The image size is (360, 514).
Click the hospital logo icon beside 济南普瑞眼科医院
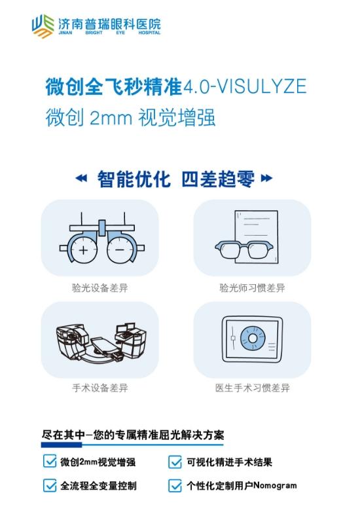(43, 26)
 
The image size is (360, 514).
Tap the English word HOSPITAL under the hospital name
(149, 33)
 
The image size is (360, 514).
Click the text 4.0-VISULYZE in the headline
(245, 86)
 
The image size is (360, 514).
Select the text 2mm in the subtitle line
(111, 118)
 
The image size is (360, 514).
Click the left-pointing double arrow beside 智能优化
(81, 178)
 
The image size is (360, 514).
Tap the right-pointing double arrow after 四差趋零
(266, 178)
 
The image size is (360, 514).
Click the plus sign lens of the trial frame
(84, 250)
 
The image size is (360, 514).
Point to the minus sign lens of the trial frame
(120, 250)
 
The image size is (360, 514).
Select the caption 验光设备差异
(100, 288)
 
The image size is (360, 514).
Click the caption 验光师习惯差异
(252, 288)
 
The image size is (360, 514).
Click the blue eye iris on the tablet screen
(253, 338)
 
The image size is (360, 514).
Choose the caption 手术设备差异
(100, 388)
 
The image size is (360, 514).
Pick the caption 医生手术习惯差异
(252, 388)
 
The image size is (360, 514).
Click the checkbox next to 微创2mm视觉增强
(50, 461)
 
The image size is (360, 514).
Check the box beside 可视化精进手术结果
(175, 462)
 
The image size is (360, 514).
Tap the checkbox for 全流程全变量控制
(50, 485)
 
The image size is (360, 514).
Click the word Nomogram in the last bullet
(275, 485)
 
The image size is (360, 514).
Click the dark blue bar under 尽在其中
(62, 445)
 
